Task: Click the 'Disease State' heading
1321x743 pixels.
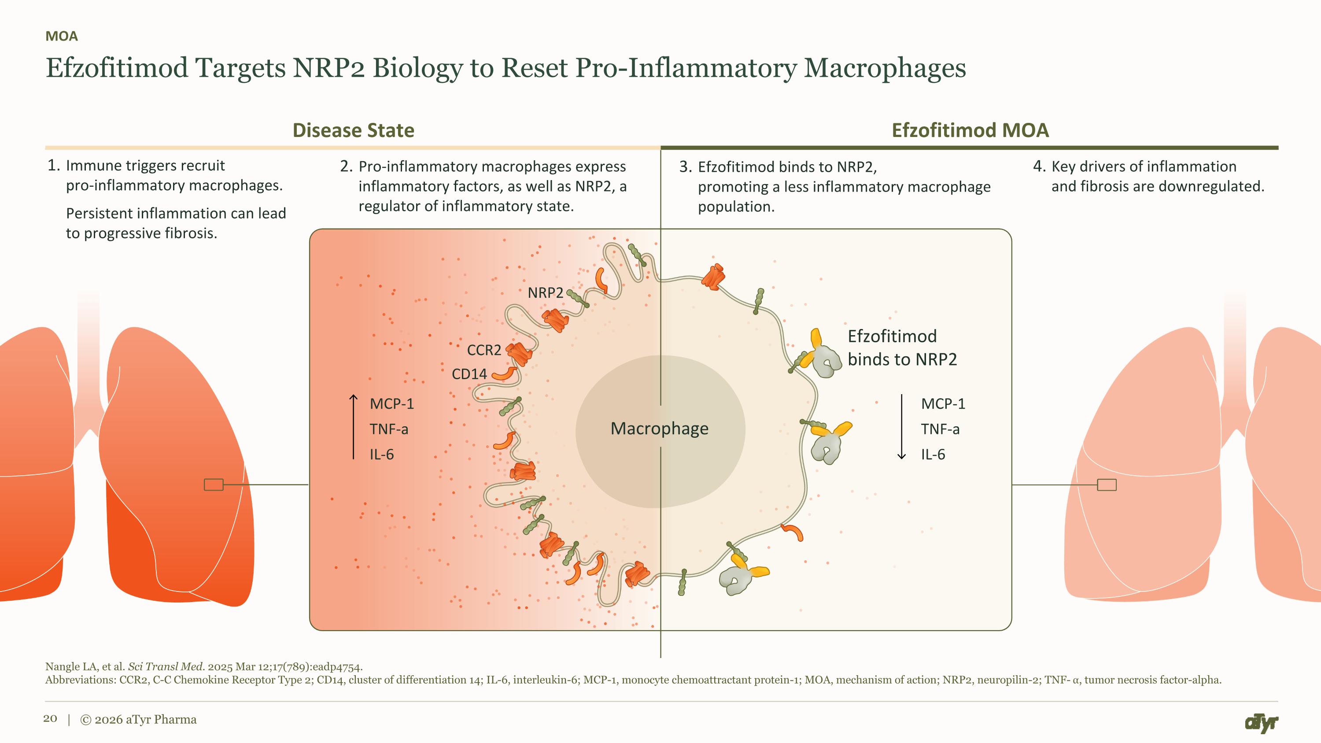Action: click(353, 130)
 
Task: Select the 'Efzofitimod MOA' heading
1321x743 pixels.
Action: click(970, 130)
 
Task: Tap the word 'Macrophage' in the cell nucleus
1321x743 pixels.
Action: click(660, 428)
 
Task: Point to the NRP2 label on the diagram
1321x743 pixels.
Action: click(546, 293)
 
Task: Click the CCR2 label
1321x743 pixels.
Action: click(484, 350)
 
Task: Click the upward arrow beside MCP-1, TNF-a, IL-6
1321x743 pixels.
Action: click(353, 427)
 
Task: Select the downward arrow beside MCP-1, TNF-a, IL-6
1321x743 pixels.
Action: click(901, 427)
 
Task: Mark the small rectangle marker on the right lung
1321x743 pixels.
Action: click(1107, 484)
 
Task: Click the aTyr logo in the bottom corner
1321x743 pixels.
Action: click(1261, 723)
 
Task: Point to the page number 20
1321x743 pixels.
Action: click(50, 718)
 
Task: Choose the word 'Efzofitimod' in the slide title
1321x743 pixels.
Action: click(118, 68)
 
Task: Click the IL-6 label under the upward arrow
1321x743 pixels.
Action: click(382, 455)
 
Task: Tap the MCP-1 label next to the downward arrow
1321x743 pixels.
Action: click(943, 404)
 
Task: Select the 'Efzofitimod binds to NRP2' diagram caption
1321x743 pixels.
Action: click(903, 347)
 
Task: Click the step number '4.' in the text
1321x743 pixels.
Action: click(1039, 166)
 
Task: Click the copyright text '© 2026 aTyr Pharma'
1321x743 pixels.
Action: click(138, 719)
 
